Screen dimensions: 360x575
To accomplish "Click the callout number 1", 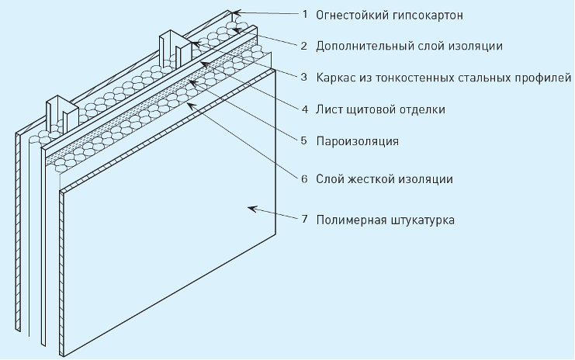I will click(305, 14).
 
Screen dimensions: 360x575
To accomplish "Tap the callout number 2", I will click(305, 46).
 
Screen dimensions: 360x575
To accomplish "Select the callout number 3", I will click(305, 78).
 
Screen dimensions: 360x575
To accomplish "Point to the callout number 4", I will click(305, 109).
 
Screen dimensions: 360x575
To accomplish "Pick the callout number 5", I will click(305, 141).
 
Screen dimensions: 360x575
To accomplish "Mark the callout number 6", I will click(305, 178).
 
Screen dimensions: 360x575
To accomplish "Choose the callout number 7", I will click(305, 220).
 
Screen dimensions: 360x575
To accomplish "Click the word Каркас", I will click(336, 78).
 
